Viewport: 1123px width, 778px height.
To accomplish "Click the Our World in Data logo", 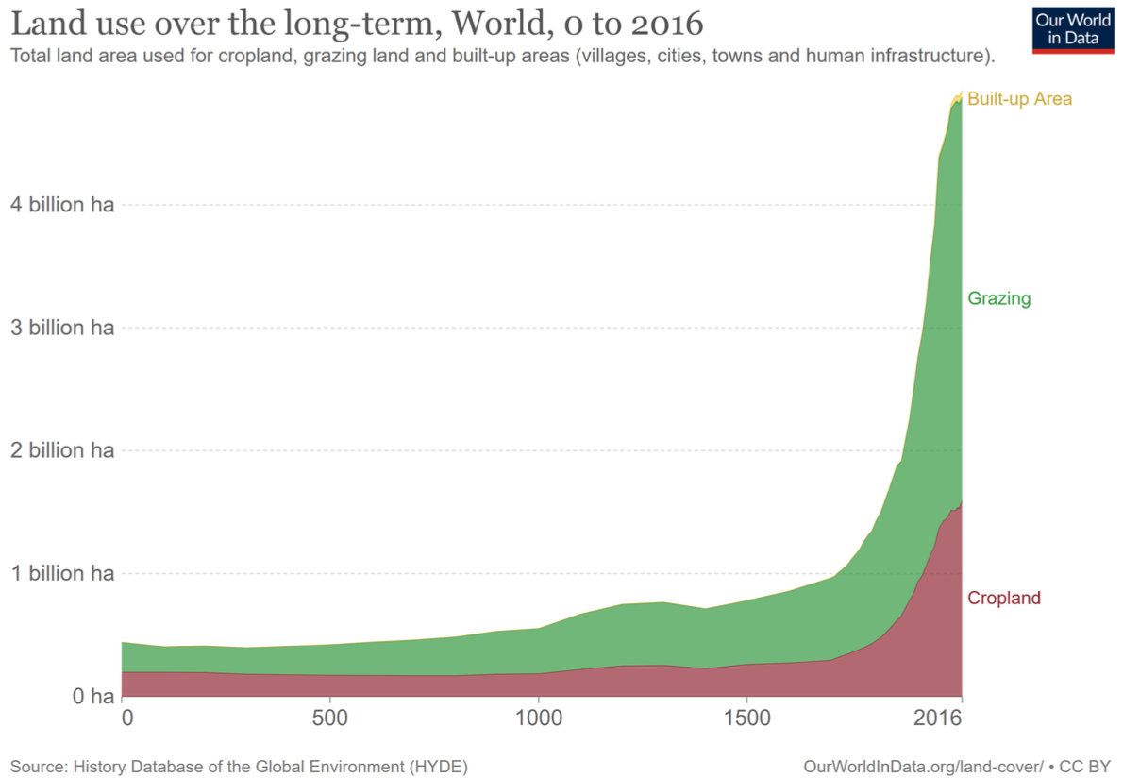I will pos(1074,28).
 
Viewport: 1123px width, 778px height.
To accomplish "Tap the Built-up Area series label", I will pos(1019,98).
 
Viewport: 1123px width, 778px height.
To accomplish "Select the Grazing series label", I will pos(998,298).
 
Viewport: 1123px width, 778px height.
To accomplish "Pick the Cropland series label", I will pos(1004,598).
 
